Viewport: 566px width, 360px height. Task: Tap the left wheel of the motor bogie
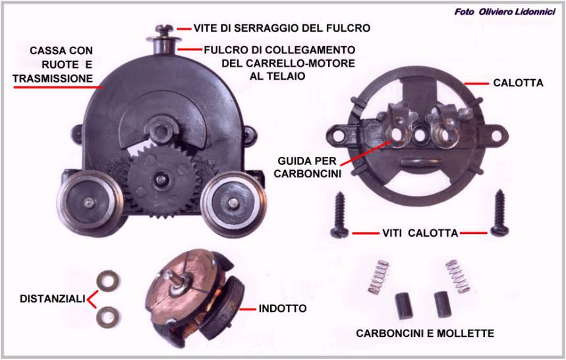[88, 203]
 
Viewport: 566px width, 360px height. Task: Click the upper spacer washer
[109, 281]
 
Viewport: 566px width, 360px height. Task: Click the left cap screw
[340, 214]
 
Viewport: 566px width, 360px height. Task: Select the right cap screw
[500, 213]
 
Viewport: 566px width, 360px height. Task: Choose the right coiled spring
[458, 276]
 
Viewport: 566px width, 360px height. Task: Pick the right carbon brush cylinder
[441, 304]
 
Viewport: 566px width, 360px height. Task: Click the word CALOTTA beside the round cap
[518, 83]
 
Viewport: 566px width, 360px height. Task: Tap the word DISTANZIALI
[53, 299]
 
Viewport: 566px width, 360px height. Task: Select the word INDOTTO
[283, 309]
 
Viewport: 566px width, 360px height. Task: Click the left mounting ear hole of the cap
[339, 135]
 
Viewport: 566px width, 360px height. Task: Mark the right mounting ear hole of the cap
[497, 136]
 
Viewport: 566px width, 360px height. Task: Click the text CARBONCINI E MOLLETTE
[425, 333]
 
